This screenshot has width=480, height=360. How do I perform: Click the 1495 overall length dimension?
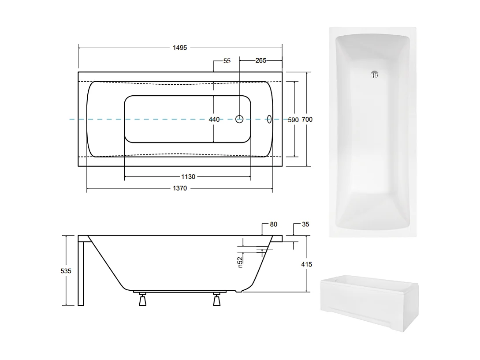(x=180, y=48)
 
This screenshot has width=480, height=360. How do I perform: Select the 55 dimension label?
(x=227, y=61)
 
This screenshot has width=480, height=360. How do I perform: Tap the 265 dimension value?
(x=260, y=60)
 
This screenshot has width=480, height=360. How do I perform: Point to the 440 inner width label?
(x=214, y=119)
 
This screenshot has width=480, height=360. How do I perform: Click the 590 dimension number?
(x=294, y=120)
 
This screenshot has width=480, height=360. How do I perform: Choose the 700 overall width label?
(x=307, y=120)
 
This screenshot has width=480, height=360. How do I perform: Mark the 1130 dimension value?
(x=188, y=177)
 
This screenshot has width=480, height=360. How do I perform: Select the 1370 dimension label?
(x=180, y=189)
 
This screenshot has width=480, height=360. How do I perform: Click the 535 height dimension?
(x=66, y=271)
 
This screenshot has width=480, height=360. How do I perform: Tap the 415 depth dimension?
(x=306, y=264)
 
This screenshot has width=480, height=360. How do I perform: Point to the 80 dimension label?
(x=273, y=225)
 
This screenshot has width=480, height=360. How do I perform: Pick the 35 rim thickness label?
(x=305, y=225)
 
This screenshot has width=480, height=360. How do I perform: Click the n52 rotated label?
(x=240, y=262)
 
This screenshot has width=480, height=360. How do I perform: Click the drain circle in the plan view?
(x=240, y=119)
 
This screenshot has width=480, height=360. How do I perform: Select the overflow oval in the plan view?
(x=270, y=119)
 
